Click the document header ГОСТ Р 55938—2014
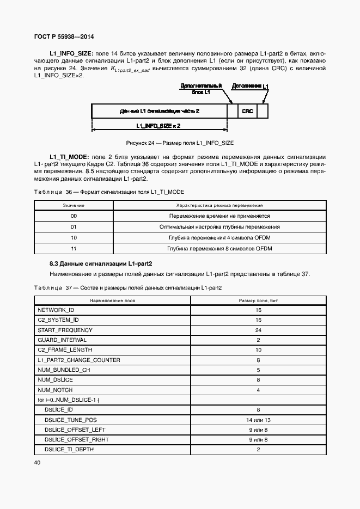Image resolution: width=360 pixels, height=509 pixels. pyautogui.click(x=64, y=36)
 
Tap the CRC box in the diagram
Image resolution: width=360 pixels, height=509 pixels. pyautogui.click(x=247, y=111)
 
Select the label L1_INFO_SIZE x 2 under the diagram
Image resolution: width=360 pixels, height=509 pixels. pyautogui.click(x=158, y=126)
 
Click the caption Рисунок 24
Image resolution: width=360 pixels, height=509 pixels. pyautogui.click(x=180, y=143)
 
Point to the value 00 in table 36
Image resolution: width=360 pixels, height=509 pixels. pyautogui.click(x=74, y=216)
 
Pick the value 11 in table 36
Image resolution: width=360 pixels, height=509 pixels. pyautogui.click(x=74, y=248)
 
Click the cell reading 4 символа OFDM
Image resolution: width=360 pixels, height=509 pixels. pyautogui.click(x=219, y=238)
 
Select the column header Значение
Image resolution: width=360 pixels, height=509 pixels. pyautogui.click(x=74, y=206)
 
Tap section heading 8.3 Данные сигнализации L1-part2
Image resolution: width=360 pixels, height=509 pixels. pyautogui.click(x=101, y=263)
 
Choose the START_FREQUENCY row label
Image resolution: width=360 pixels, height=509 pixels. pyautogui.click(x=65, y=330)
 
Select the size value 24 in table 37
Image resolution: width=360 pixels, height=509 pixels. pyautogui.click(x=258, y=330)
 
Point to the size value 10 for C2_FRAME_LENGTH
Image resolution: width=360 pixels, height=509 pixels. pyautogui.click(x=258, y=350)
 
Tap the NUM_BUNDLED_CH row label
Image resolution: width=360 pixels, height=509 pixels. pyautogui.click(x=64, y=370)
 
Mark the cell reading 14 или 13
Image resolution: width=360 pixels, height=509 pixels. pyautogui.click(x=258, y=420)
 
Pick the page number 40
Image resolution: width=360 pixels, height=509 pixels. pyautogui.click(x=37, y=463)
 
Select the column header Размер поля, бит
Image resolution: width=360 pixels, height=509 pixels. pyautogui.click(x=258, y=300)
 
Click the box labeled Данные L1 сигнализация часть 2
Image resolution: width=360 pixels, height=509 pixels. pyautogui.click(x=159, y=111)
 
